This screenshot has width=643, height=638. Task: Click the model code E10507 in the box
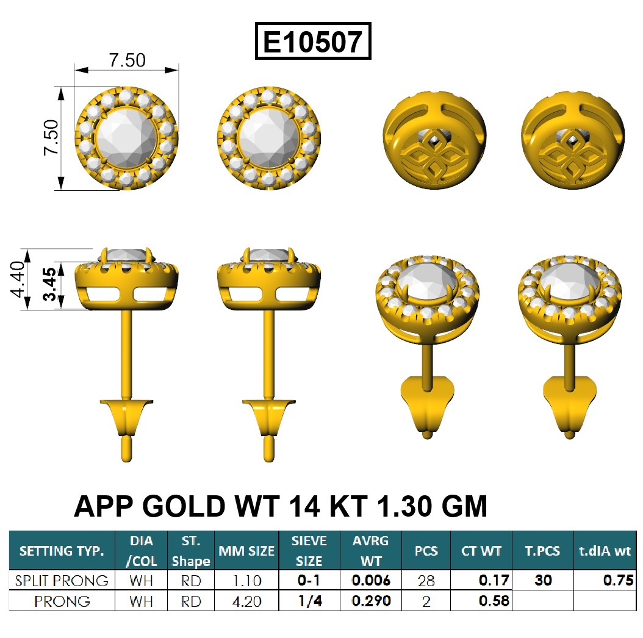tap(313, 41)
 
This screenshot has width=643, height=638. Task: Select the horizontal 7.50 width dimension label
tap(127, 60)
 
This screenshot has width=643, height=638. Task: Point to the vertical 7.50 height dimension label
tap(51, 137)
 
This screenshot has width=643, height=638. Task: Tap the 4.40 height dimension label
tap(18, 279)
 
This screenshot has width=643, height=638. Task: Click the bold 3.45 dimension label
tap(49, 284)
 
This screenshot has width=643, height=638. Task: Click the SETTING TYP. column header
tap(62, 551)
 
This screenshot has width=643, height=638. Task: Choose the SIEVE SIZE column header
tap(309, 551)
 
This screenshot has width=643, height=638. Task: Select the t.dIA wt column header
tap(605, 551)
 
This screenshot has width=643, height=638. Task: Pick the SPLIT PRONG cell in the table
tap(62, 581)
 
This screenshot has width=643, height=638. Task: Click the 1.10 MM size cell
tap(246, 581)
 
